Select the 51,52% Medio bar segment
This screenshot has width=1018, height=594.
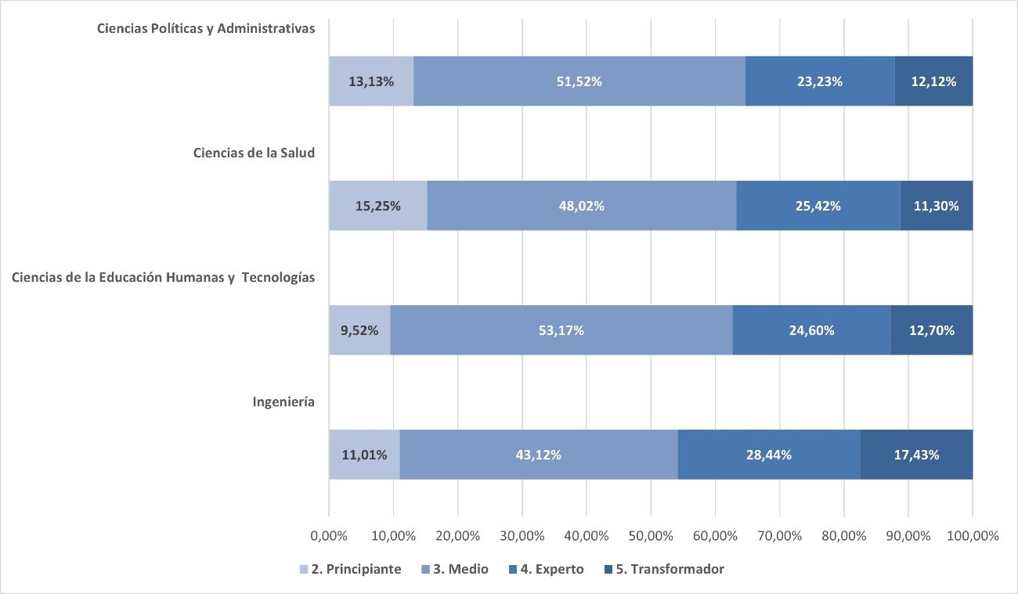click(579, 81)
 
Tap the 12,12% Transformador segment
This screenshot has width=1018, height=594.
click(933, 81)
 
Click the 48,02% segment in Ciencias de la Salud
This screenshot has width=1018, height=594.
click(582, 206)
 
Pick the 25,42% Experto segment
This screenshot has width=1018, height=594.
click(818, 206)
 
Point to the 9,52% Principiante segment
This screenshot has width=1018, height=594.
click(359, 330)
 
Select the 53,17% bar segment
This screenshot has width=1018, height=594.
click(561, 330)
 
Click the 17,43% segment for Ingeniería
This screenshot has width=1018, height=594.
click(916, 455)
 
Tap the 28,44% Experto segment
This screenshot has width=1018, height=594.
click(769, 455)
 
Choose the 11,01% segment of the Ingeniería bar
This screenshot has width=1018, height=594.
click(364, 455)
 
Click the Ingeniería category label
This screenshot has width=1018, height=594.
click(283, 401)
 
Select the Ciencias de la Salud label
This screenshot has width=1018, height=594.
click(254, 153)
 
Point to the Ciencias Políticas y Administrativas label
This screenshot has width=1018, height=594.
click(206, 28)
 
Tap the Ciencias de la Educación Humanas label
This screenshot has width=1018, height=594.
click(163, 277)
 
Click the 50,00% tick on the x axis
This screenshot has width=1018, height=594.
click(651, 536)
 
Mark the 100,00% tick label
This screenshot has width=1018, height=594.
click(972, 536)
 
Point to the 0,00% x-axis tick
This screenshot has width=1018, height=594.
click(329, 536)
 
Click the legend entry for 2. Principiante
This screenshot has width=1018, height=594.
click(350, 569)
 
